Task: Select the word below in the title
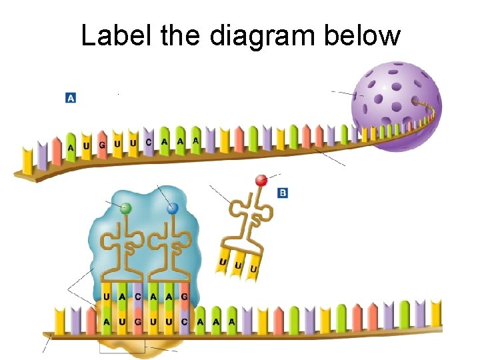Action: click(363, 35)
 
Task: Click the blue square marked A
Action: click(70, 98)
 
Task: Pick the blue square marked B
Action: click(283, 193)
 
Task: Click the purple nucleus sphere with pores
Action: click(393, 107)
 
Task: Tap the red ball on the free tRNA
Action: click(261, 179)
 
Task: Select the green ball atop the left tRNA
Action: click(125, 209)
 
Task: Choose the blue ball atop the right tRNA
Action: click(173, 209)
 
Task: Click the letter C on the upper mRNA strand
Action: click(149, 141)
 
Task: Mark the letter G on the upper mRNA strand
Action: click(102, 145)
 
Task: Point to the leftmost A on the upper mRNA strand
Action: click(71, 147)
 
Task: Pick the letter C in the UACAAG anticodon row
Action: click(137, 296)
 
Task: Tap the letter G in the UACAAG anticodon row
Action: click(184, 296)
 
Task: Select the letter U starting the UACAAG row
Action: click(107, 296)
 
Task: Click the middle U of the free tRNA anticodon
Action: click(237, 265)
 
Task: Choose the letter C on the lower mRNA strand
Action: click(184, 321)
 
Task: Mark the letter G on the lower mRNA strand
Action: click(137, 321)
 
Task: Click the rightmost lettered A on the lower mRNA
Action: click(231, 321)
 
